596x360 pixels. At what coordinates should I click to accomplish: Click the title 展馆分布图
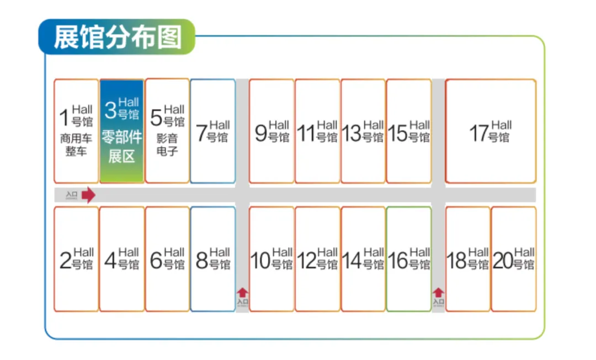[117, 37]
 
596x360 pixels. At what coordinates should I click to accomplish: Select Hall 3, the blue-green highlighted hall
[122, 131]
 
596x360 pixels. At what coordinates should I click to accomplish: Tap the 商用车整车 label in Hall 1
[76, 145]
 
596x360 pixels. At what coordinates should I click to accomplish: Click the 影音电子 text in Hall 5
[167, 145]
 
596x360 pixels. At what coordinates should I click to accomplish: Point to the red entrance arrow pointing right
[88, 195]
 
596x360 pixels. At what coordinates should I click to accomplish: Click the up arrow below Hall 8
[243, 293]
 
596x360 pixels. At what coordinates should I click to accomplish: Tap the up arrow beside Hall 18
[438, 293]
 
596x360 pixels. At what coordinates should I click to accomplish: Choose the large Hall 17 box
[491, 131]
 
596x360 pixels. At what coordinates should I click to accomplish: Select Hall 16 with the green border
[409, 259]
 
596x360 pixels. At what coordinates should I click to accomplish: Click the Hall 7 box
[213, 131]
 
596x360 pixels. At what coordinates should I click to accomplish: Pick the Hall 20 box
[514, 259]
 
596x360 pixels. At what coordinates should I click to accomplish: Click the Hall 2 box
[76, 259]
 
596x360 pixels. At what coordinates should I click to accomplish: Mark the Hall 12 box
[317, 259]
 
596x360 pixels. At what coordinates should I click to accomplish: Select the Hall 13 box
[363, 131]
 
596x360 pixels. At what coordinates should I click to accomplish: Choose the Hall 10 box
[272, 259]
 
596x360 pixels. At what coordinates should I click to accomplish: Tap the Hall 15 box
[409, 131]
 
